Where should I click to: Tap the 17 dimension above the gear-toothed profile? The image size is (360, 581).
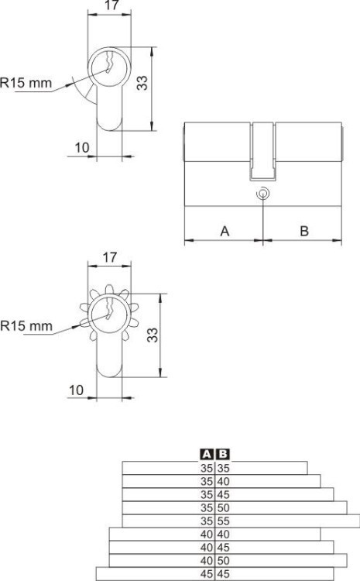[109, 257]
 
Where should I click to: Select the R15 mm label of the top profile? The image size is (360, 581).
[26, 83]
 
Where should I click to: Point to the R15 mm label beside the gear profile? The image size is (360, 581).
[26, 326]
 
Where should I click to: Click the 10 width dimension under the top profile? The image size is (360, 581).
[82, 147]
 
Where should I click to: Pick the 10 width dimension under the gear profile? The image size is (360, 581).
[77, 390]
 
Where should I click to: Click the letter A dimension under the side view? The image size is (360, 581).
[225, 231]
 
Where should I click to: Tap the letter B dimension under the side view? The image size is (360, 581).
[304, 231]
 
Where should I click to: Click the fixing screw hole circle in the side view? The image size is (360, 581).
[262, 193]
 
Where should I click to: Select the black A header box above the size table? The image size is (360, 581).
[207, 454]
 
